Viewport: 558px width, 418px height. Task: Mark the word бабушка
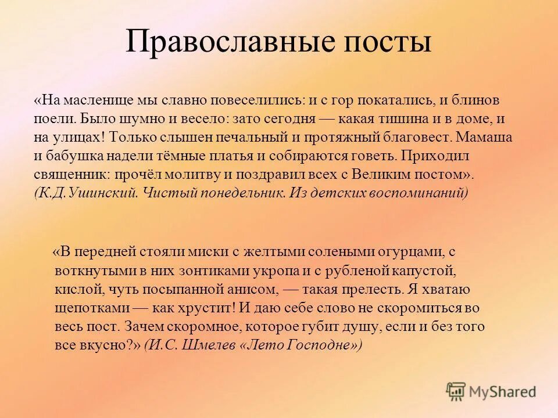72,157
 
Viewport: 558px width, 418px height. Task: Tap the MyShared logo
491,391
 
